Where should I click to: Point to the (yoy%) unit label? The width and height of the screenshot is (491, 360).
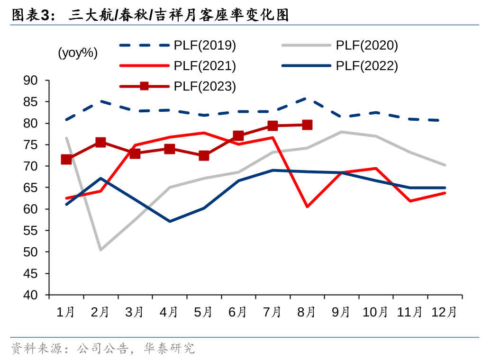click(x=78, y=53)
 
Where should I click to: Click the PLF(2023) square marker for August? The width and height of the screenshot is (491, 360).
click(x=307, y=125)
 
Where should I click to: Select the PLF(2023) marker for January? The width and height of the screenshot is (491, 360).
click(x=66, y=159)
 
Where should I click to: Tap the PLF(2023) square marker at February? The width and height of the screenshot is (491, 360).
click(x=100, y=142)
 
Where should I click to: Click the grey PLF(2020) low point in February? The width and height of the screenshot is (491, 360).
click(x=100, y=250)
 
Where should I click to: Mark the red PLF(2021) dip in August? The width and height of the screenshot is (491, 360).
click(x=307, y=207)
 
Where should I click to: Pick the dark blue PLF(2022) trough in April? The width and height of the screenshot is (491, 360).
click(x=169, y=221)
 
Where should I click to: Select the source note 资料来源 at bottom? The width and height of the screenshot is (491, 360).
click(x=102, y=349)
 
